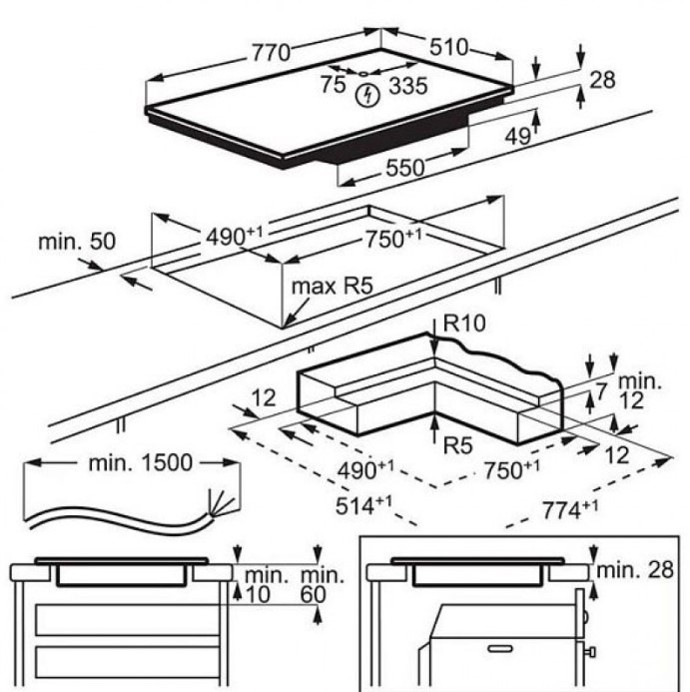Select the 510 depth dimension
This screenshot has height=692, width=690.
(449, 47)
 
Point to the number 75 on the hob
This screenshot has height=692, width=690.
(333, 86)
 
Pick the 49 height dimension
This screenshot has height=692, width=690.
(517, 138)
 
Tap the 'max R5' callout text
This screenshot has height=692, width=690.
(332, 287)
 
